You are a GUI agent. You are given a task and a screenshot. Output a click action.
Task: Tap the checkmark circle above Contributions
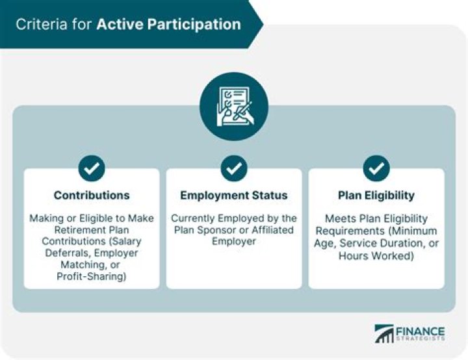[92, 168]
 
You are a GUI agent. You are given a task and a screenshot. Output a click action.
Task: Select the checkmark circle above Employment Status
[234, 168]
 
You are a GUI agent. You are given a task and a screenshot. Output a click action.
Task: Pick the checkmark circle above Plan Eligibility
[376, 168]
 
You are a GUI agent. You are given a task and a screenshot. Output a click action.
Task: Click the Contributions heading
[92, 196]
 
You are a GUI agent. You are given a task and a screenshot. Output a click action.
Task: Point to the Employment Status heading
[234, 196]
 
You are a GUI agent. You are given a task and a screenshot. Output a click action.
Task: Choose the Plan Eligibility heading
[376, 196]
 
